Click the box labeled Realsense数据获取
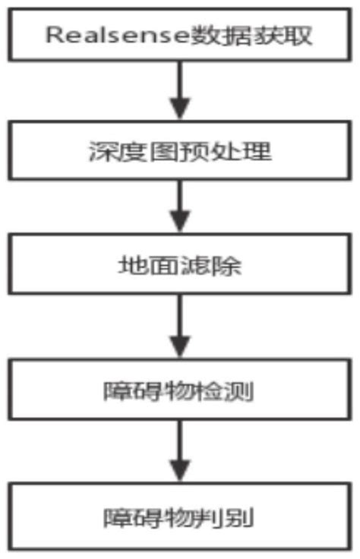click(x=179, y=35)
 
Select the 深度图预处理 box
click(x=179, y=152)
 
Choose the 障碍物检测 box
click(x=179, y=393)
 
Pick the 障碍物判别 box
click(x=179, y=519)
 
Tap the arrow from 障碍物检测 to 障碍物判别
click(x=180, y=454)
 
